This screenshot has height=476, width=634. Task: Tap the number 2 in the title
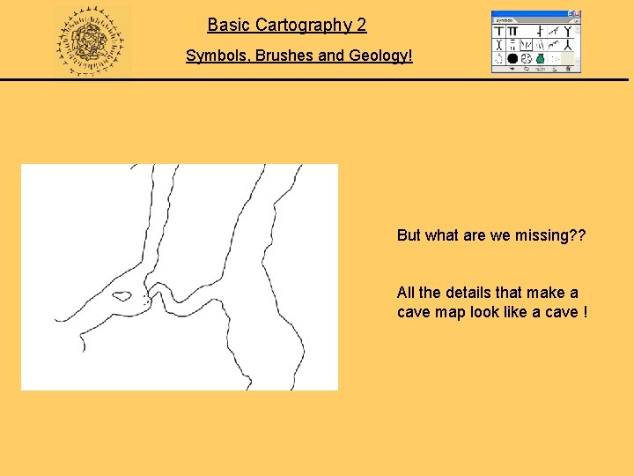(x=361, y=26)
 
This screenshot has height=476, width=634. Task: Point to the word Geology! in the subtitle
(x=381, y=56)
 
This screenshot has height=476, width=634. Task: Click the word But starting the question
(x=409, y=235)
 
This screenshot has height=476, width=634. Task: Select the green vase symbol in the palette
(x=540, y=59)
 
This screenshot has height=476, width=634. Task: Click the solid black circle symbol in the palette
(x=512, y=59)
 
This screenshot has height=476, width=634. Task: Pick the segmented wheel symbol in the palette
(x=526, y=59)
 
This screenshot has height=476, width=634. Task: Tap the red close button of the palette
(x=578, y=14)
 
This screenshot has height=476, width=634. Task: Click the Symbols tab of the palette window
(x=505, y=20)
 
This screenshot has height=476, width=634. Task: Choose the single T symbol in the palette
(x=499, y=31)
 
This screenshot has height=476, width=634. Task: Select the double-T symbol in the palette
(x=512, y=31)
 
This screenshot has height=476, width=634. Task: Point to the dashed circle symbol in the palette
(x=499, y=59)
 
